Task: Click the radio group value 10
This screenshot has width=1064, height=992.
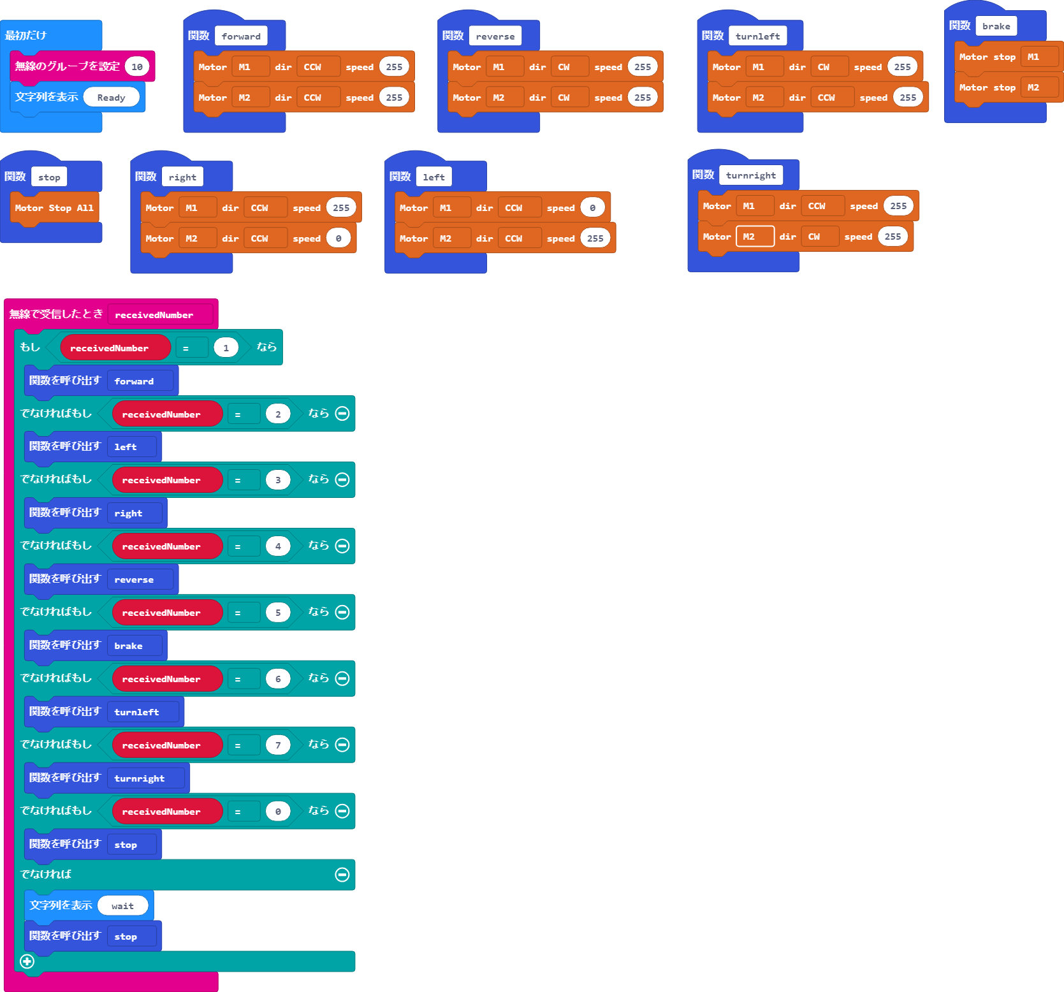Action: [136, 66]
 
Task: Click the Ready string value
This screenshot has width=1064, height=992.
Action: [111, 98]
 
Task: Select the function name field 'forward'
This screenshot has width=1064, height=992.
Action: [241, 36]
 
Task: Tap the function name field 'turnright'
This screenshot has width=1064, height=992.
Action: [750, 175]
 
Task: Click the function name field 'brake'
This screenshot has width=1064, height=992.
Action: [996, 26]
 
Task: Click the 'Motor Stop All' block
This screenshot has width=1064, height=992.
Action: [54, 208]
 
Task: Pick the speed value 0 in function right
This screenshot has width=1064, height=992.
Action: [338, 238]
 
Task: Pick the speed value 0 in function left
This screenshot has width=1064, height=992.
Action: [592, 208]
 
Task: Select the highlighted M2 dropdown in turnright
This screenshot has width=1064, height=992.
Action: [754, 237]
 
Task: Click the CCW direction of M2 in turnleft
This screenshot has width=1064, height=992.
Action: [826, 98]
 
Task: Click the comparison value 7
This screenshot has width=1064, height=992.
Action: [277, 745]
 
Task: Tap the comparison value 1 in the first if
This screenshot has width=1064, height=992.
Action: [226, 348]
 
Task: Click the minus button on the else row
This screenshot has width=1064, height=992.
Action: [342, 875]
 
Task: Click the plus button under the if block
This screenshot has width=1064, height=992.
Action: [27, 961]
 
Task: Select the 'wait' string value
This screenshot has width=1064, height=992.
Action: [122, 906]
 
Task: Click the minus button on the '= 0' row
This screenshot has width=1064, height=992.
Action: [342, 811]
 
